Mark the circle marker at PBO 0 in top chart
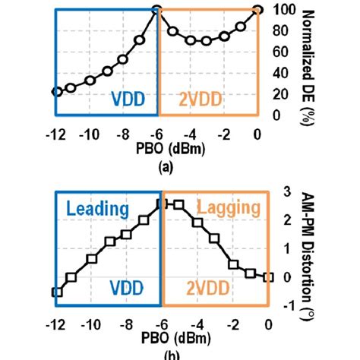[258, 10]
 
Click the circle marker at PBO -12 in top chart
[55, 91]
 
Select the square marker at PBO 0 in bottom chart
[267, 277]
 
